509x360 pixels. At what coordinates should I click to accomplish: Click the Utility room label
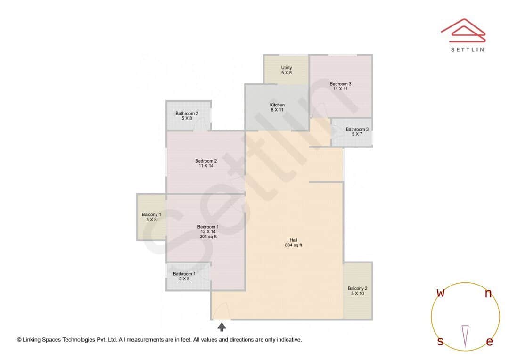click(x=286, y=70)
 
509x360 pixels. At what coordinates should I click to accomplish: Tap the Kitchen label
click(x=277, y=107)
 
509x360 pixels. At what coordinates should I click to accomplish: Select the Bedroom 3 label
click(x=340, y=86)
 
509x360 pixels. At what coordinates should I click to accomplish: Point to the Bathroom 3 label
click(x=357, y=132)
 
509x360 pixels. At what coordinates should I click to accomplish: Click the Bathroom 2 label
click(x=187, y=116)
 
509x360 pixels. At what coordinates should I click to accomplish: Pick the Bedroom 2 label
click(x=206, y=164)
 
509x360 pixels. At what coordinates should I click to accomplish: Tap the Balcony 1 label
click(x=151, y=217)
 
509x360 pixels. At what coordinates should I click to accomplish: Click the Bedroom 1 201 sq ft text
click(x=207, y=237)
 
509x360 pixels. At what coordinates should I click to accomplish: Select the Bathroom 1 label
click(x=184, y=276)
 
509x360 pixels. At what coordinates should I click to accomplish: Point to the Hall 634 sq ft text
click(x=293, y=243)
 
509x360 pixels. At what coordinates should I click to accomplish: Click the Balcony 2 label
click(x=358, y=291)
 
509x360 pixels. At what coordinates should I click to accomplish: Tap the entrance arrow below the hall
click(x=222, y=327)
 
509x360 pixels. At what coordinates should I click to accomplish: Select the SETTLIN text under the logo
click(x=467, y=49)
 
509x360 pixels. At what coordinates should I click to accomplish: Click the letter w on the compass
click(x=440, y=293)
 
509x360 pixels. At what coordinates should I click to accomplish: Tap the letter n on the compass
click(x=489, y=294)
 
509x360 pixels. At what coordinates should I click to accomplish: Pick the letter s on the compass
click(x=440, y=341)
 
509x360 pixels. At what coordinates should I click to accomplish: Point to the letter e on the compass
click(x=489, y=342)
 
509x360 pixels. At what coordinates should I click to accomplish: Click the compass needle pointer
click(x=465, y=336)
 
